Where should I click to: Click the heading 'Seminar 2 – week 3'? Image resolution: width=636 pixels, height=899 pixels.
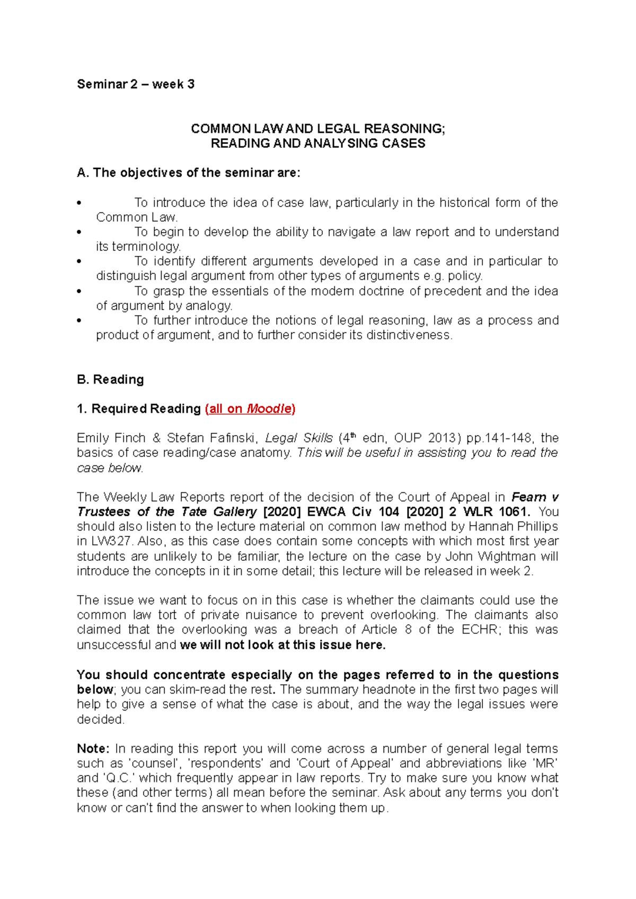[136, 84]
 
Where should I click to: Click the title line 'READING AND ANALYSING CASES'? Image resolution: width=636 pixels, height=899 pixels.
[318, 143]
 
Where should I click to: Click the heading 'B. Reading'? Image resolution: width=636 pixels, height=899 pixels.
[110, 380]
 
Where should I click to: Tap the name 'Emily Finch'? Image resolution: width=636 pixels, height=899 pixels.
[111, 438]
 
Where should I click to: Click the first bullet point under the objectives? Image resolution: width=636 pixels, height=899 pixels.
[79, 203]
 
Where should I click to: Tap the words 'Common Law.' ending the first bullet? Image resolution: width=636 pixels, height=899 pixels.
[137, 218]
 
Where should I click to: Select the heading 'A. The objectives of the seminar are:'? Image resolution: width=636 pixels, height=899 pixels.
[189, 173]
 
